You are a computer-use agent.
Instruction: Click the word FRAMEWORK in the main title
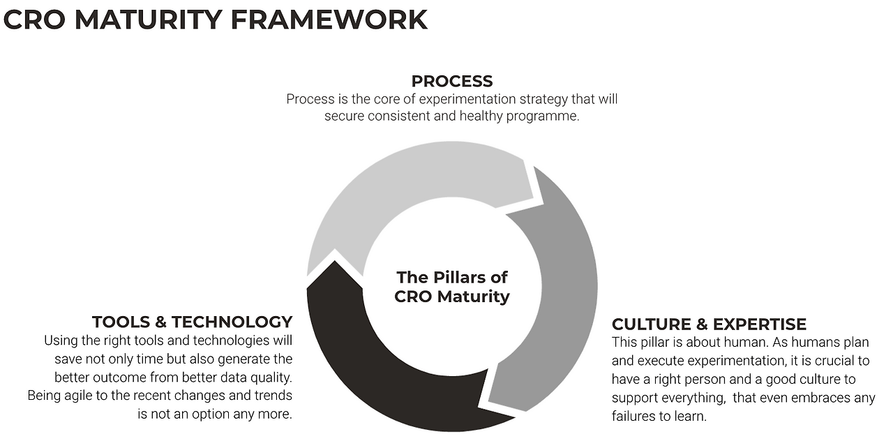coord(329,20)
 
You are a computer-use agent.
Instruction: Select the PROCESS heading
coord(452,81)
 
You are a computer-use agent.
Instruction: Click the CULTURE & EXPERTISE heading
coord(709,324)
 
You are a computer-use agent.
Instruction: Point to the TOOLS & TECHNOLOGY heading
coord(192,322)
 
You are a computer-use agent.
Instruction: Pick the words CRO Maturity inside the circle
coord(452,297)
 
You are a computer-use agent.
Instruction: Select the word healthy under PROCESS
coord(481,117)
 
